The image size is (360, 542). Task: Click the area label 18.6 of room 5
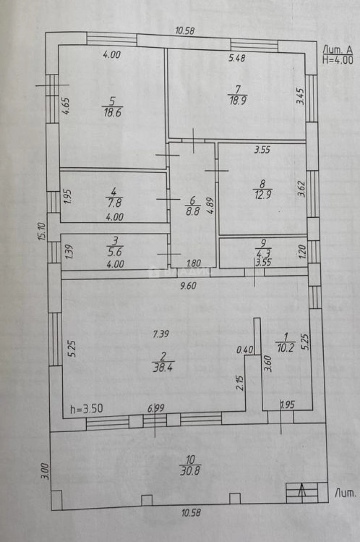[112, 112]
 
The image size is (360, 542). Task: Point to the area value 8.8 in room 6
[192, 211]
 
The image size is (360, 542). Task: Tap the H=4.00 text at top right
[337, 60]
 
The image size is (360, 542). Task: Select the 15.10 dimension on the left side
[43, 231]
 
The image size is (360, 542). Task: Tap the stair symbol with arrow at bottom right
[302, 492]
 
